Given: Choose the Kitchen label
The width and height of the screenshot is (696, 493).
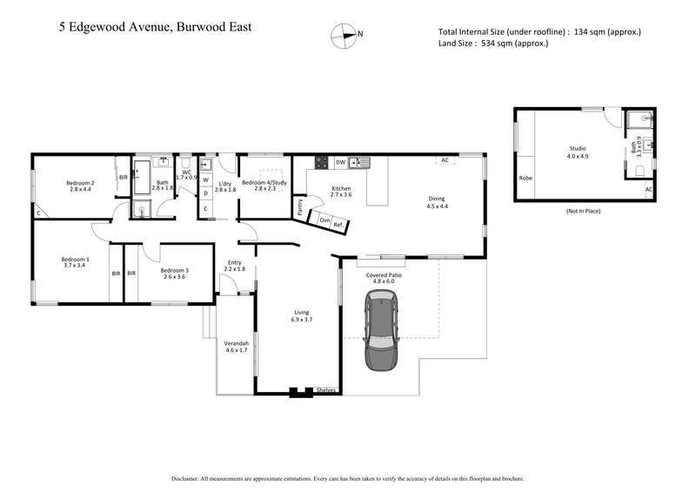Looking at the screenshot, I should click(x=340, y=192).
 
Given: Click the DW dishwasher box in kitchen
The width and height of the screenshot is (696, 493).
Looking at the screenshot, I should click(x=341, y=162).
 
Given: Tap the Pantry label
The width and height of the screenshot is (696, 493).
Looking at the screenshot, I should click(x=300, y=206).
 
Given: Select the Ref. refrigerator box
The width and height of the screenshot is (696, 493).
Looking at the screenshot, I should click(x=338, y=224).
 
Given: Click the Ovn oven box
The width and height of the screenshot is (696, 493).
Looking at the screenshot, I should click(x=324, y=220).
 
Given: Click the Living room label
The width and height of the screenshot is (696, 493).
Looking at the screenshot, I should click(x=301, y=315).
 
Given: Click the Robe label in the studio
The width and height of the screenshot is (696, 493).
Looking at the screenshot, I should click(x=525, y=178).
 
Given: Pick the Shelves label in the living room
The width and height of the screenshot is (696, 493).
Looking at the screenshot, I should click(x=326, y=390).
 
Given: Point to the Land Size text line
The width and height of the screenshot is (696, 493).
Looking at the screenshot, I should click(x=493, y=44).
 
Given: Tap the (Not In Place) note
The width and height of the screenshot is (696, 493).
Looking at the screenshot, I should click(x=583, y=211).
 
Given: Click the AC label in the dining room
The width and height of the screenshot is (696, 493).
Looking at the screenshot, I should click(x=445, y=160).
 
